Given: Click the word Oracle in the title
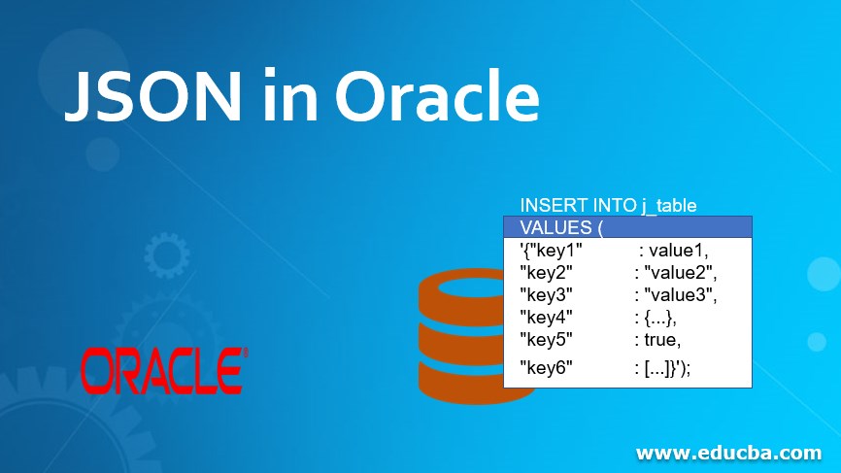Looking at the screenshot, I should (x=436, y=98).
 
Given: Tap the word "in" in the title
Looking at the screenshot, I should (x=291, y=98).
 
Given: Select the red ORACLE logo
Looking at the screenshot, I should (x=163, y=371).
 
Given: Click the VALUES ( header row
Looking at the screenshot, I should (x=627, y=227).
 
